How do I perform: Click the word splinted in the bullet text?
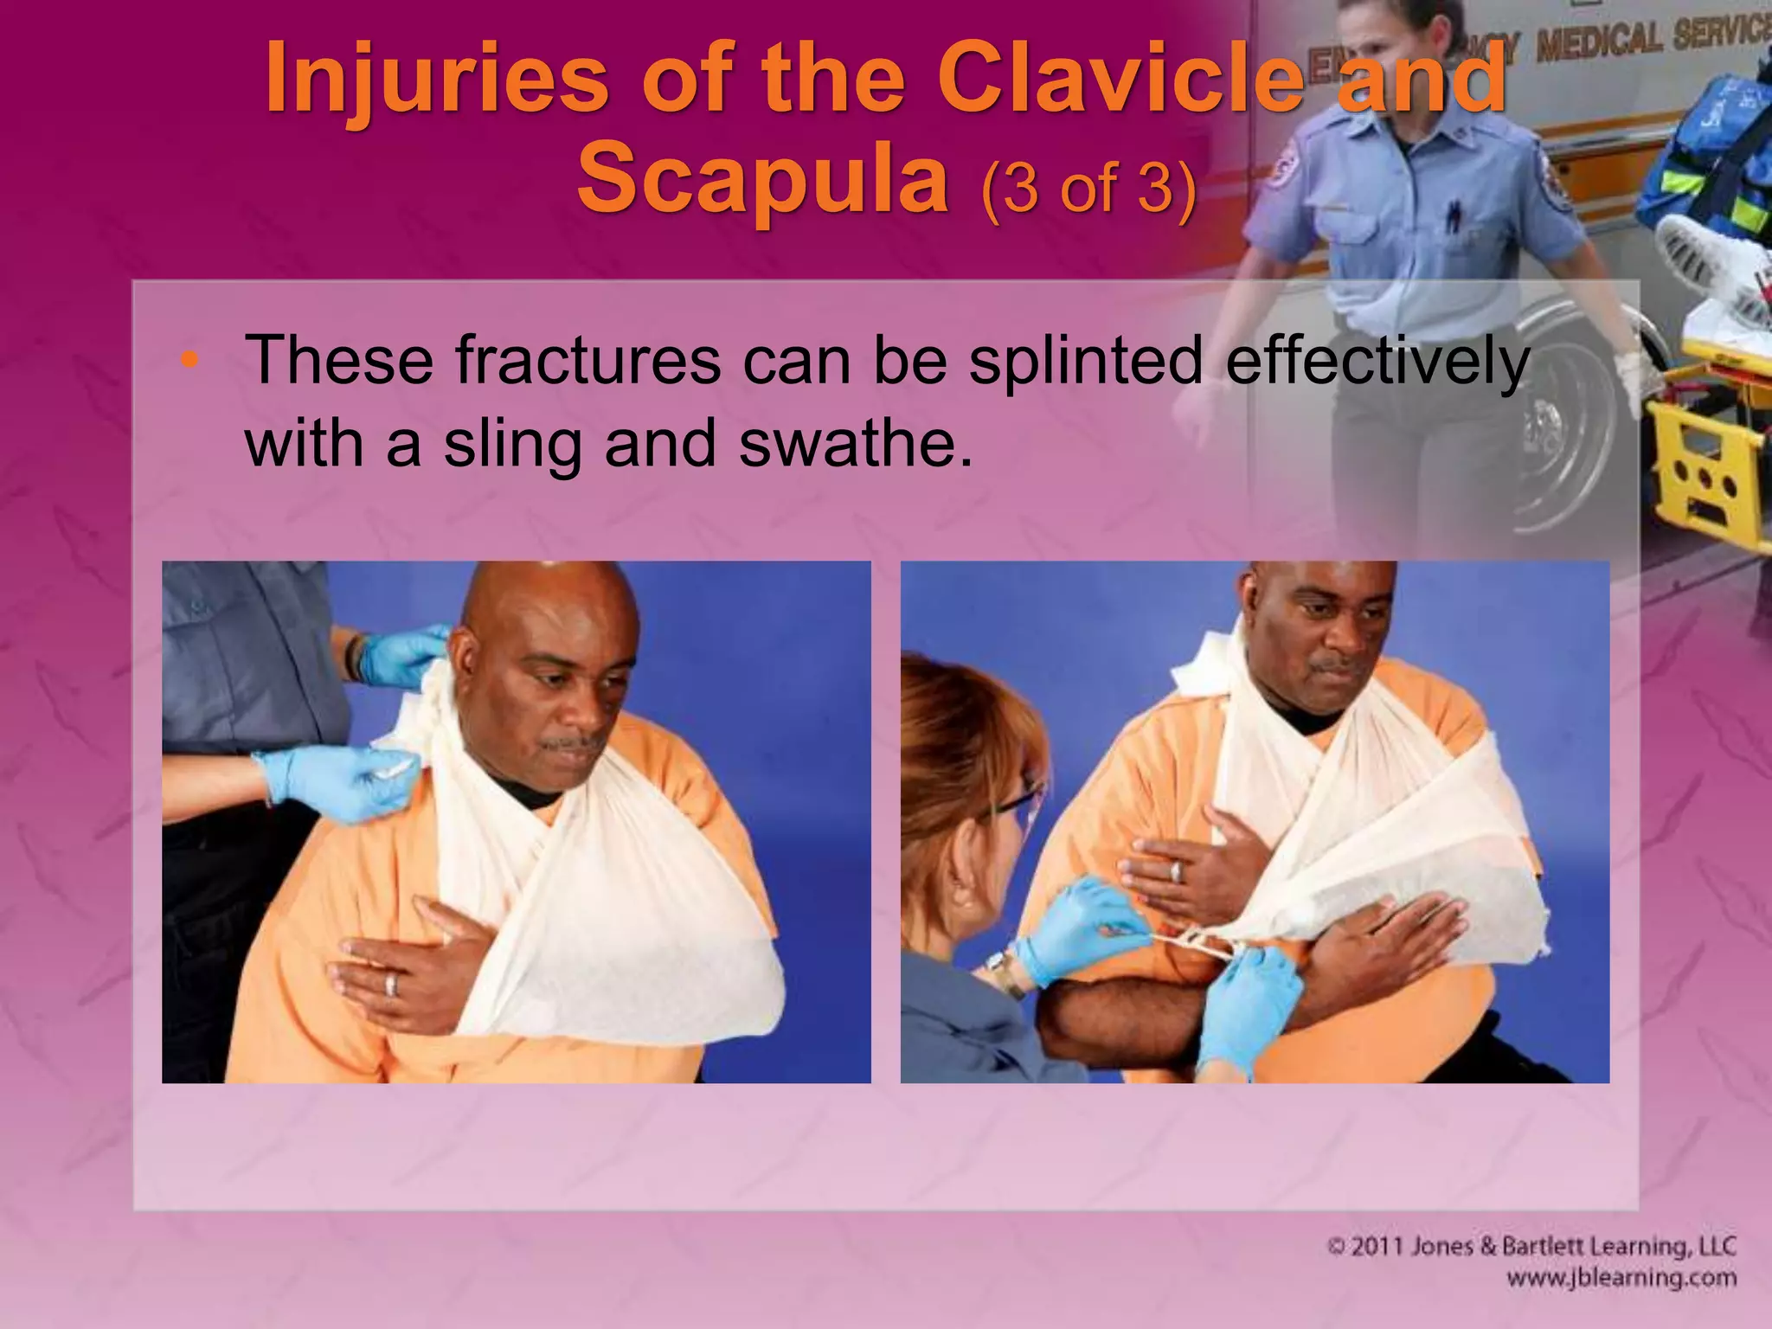tap(1086, 362)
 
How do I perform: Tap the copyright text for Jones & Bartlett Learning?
tap(1531, 1247)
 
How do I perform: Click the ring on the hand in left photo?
tap(390, 984)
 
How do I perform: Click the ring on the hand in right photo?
tap(1176, 871)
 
